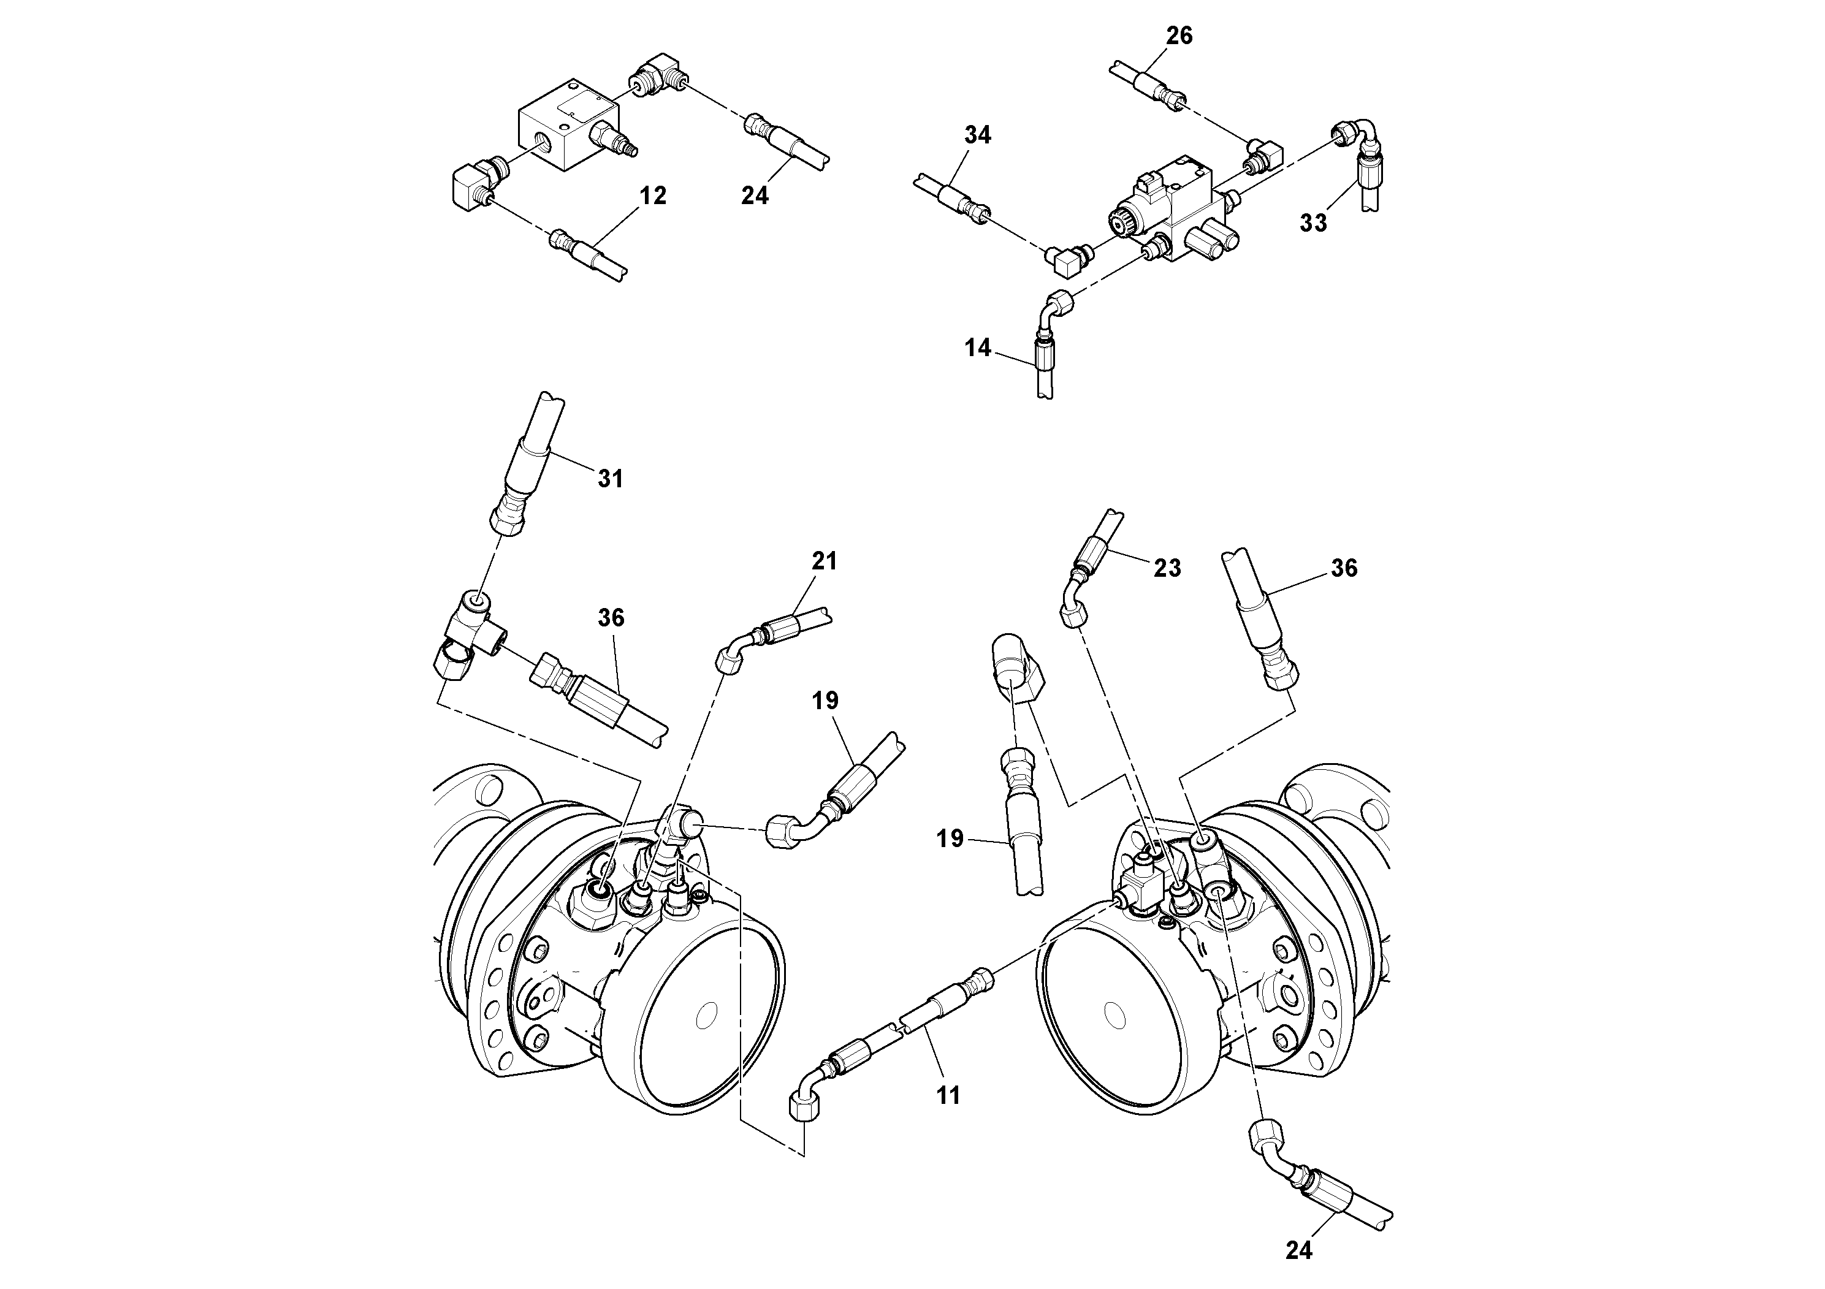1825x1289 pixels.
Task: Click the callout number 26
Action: click(1179, 36)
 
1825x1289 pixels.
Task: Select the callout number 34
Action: click(978, 135)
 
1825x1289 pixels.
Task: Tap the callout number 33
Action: click(1313, 223)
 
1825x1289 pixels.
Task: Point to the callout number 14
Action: click(978, 348)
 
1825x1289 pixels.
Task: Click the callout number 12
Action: click(653, 196)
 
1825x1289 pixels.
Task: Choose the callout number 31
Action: click(611, 479)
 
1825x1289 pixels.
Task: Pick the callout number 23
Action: click(1167, 568)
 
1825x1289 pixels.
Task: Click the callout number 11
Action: click(948, 1096)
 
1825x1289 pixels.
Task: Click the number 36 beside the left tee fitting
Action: click(611, 617)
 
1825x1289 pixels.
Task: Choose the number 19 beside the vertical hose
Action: click(950, 839)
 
